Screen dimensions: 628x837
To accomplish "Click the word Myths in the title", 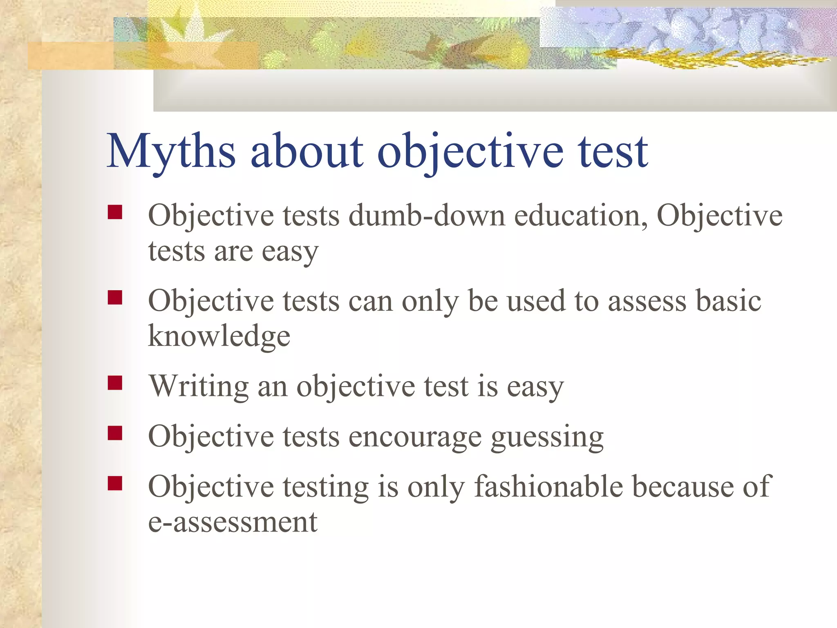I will (x=171, y=151).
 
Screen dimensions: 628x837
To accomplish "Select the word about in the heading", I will (x=307, y=151).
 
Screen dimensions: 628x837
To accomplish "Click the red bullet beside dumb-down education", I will (x=115, y=213).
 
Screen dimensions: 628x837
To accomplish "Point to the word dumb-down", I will (x=427, y=216).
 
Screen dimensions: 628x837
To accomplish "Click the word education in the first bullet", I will (x=580, y=216).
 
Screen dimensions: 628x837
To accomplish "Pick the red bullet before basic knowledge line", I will (x=115, y=298).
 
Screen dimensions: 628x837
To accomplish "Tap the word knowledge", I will (x=219, y=336).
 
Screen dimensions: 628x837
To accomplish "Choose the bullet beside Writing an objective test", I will (x=115, y=383).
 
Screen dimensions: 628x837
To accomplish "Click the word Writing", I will (x=199, y=387).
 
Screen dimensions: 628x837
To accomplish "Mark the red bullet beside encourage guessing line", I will (x=115, y=433).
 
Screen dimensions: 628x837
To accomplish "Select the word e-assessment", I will (x=233, y=523).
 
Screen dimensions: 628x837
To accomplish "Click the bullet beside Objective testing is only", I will (x=115, y=483).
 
